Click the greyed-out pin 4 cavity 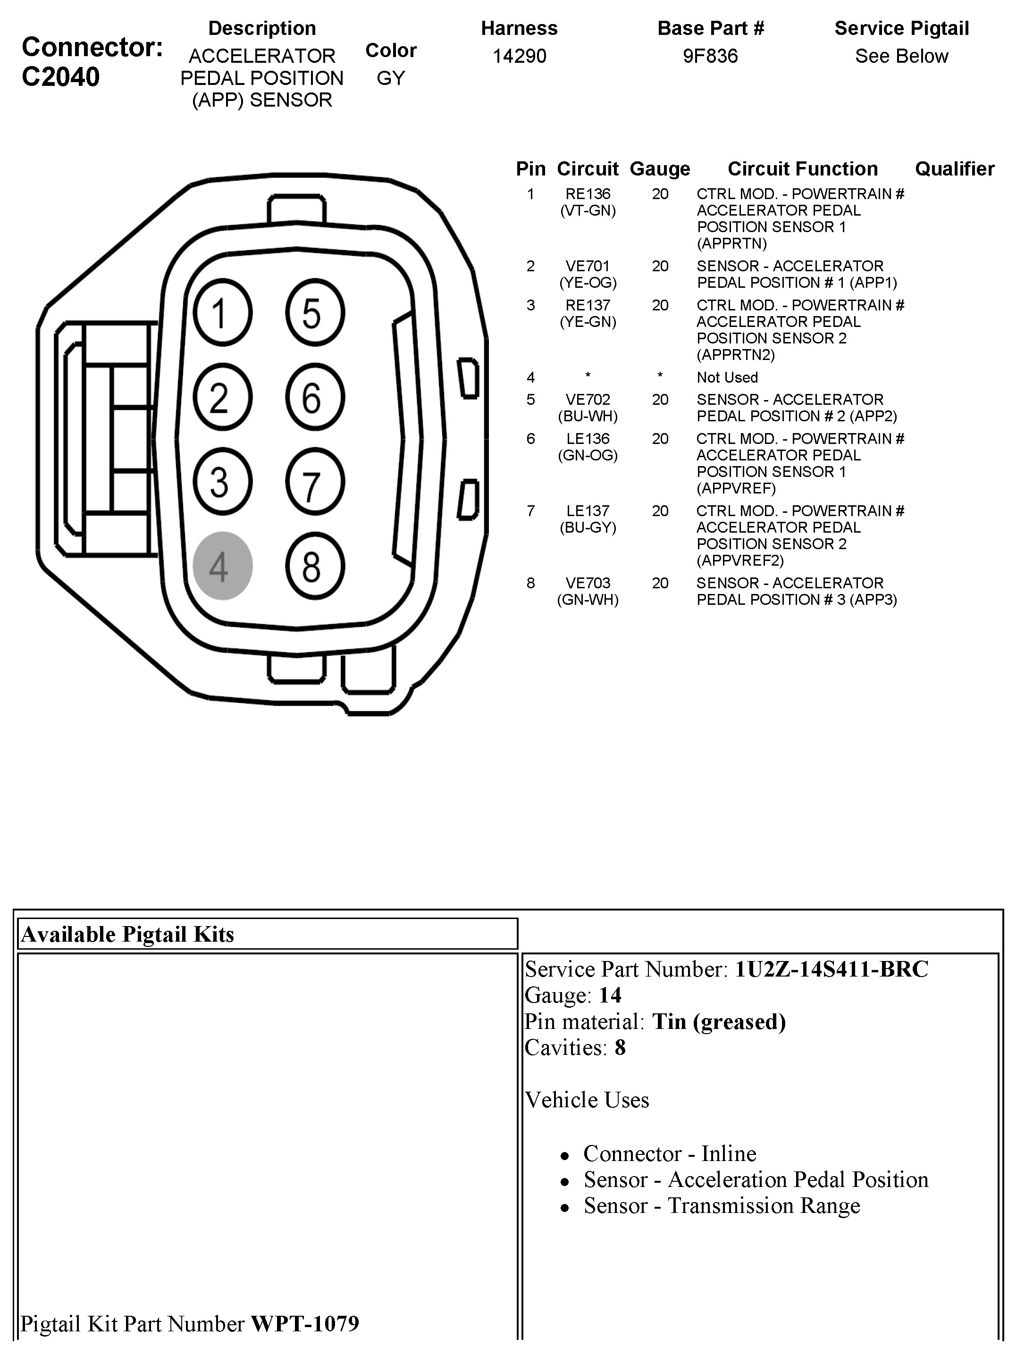click(222, 565)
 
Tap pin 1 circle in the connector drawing click(222, 313)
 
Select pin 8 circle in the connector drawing click(314, 565)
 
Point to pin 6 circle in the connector click(314, 397)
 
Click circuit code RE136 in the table click(588, 194)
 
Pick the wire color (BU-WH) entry click(588, 416)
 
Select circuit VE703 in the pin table click(588, 583)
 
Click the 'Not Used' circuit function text click(727, 377)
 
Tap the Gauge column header click(660, 169)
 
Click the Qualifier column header click(954, 169)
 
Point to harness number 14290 click(519, 56)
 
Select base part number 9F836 click(710, 56)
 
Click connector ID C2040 click(60, 77)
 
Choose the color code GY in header click(391, 78)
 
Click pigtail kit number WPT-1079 click(305, 1324)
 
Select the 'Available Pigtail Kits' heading click(127, 935)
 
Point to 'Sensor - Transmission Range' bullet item click(721, 1205)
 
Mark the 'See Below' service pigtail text click(901, 56)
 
